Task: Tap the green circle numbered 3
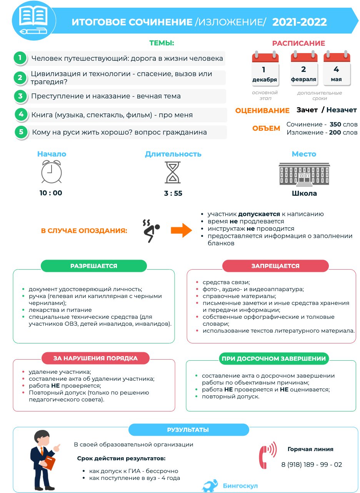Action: point(20,96)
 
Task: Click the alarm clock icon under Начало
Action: point(52,172)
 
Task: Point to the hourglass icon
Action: point(173,172)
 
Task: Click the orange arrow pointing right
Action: point(181,230)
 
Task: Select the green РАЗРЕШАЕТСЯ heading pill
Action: point(94,266)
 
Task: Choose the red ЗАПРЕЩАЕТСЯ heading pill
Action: point(275,266)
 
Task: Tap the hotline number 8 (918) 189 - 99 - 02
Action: point(312,465)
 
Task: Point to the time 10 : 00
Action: point(51,193)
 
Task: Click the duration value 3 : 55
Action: point(173,193)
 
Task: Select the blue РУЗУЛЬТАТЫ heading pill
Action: point(188,430)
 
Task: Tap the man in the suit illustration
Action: point(43,458)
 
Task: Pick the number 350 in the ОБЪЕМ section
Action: point(335,124)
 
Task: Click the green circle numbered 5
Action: point(21,132)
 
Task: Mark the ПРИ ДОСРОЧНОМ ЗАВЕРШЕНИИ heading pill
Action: point(274,358)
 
